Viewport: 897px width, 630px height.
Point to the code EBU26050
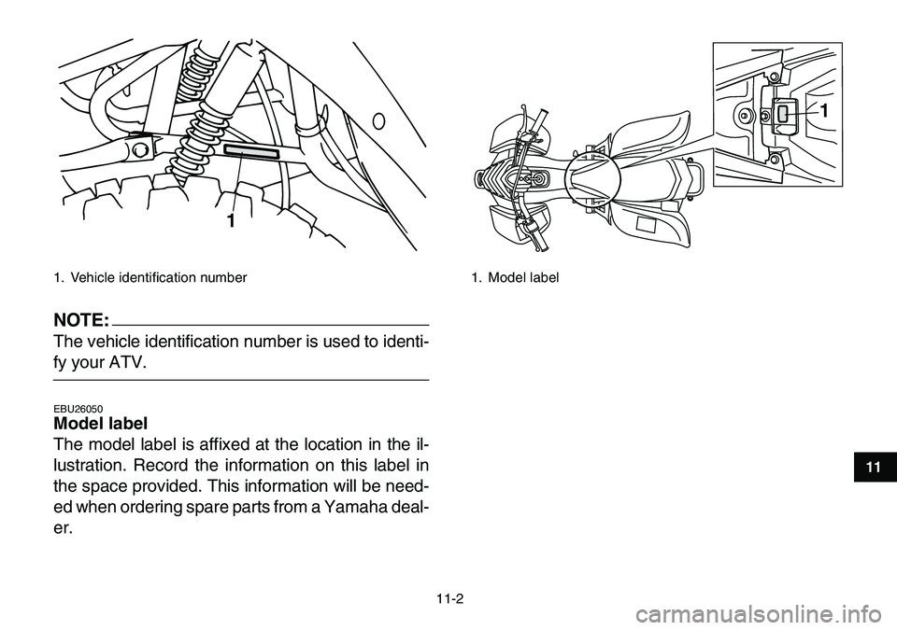[78, 409]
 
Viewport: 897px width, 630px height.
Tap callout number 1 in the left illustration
[228, 222]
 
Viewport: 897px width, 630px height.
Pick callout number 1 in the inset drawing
[824, 109]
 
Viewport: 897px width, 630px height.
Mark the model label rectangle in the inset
[783, 114]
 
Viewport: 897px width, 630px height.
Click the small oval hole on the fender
[377, 120]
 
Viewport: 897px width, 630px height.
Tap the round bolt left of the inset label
[745, 115]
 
